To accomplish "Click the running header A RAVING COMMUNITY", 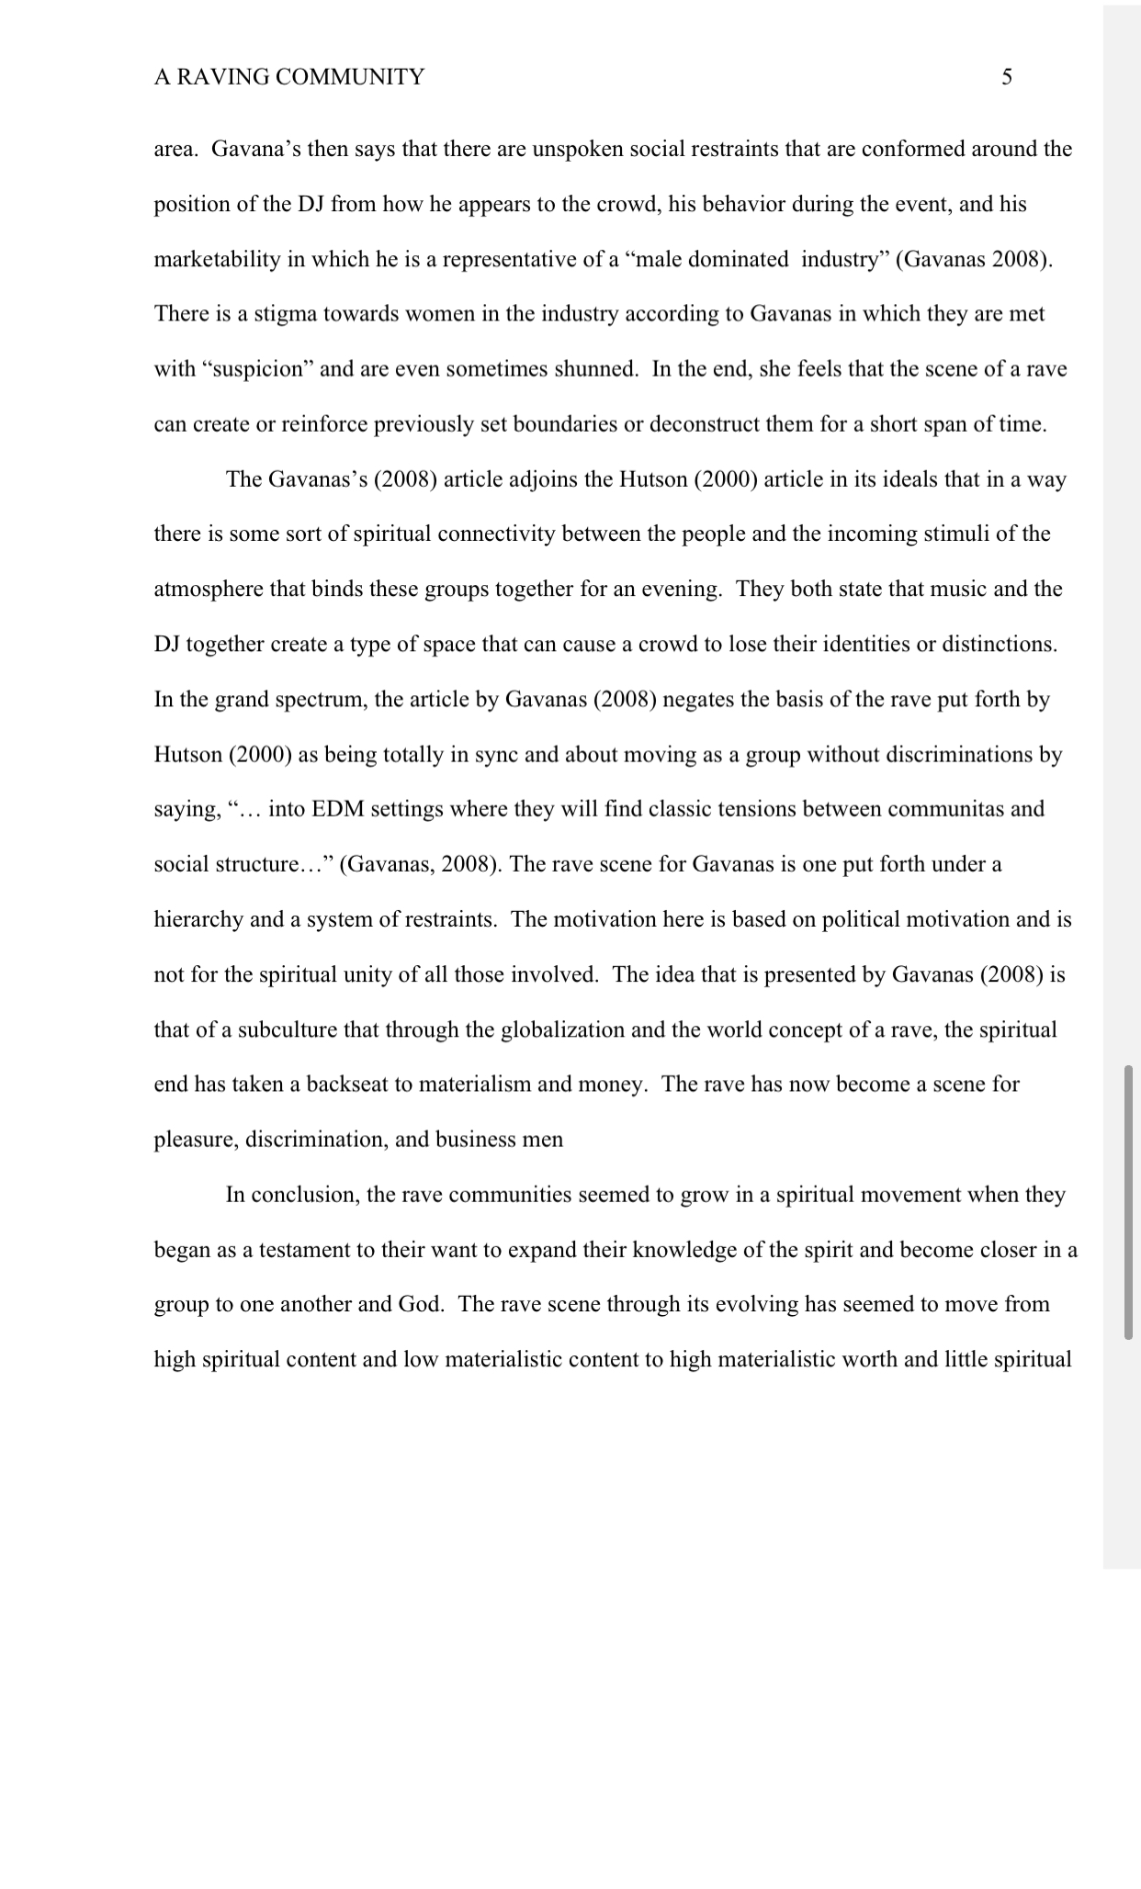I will (288, 77).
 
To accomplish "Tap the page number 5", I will (1007, 77).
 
